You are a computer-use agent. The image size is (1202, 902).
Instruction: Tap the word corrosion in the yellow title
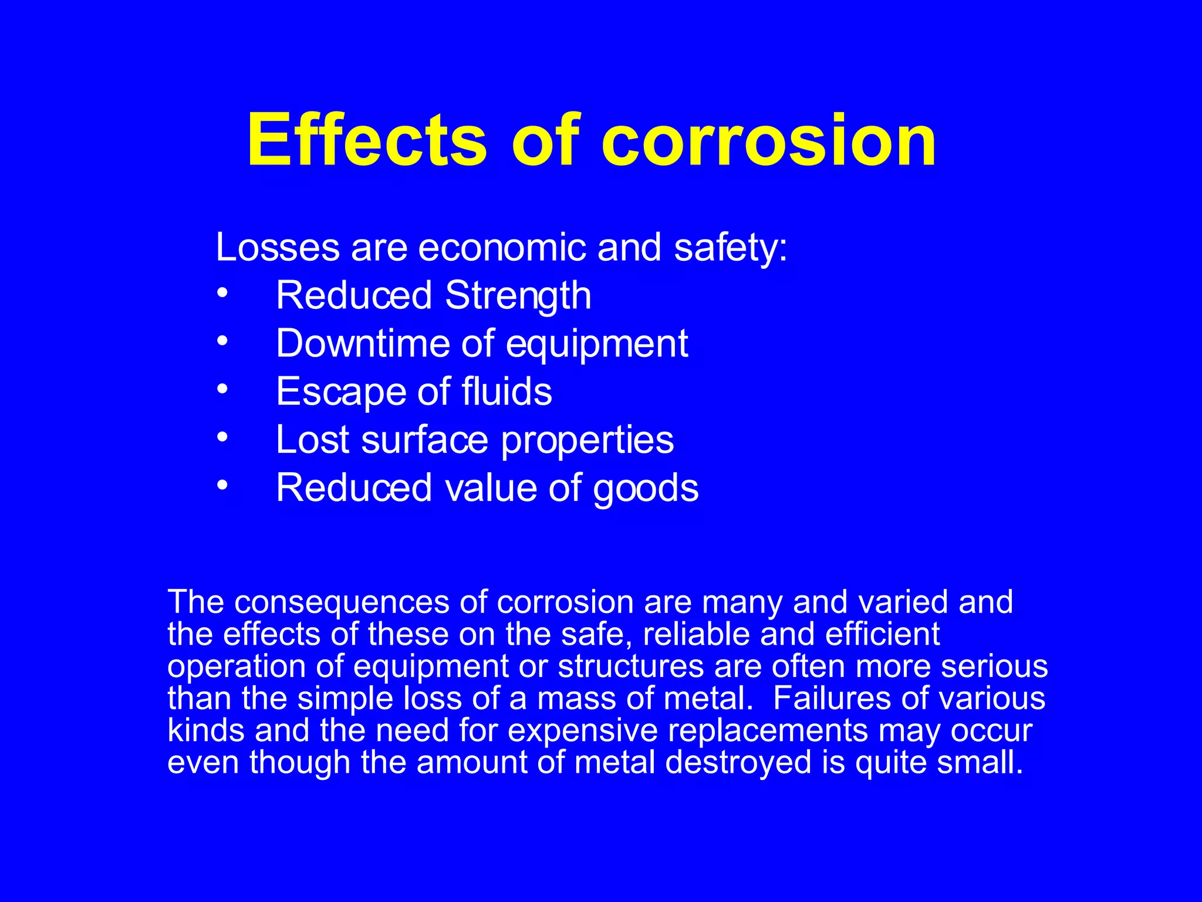(768, 141)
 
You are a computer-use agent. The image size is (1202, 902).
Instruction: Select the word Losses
(278, 247)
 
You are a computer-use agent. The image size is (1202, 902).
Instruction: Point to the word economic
(502, 247)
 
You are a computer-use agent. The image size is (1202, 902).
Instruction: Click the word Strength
(518, 295)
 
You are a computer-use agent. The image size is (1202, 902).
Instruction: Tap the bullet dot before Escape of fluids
(222, 389)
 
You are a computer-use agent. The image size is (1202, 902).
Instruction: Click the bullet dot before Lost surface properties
(222, 437)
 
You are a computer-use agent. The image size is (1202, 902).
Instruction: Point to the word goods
(646, 488)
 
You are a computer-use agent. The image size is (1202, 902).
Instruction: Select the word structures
(631, 667)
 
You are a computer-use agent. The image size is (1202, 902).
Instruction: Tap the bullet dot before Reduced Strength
(222, 292)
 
